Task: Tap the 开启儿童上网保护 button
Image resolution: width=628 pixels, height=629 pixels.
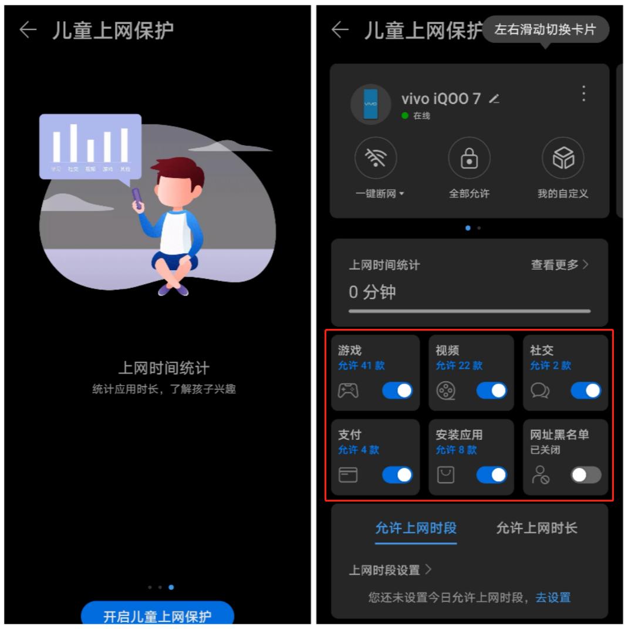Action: click(x=157, y=615)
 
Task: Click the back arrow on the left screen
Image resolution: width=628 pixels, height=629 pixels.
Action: click(x=28, y=31)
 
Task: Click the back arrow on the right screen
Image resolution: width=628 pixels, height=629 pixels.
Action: click(x=340, y=31)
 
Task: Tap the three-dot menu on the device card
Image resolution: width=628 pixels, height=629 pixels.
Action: click(x=583, y=93)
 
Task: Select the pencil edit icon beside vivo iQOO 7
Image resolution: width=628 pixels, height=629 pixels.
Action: click(x=494, y=99)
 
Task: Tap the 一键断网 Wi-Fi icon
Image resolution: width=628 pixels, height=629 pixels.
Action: click(x=376, y=159)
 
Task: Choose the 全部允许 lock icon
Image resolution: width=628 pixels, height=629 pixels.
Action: click(x=469, y=159)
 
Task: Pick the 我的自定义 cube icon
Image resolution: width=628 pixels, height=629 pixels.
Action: click(x=562, y=159)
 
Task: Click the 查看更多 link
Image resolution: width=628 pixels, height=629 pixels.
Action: click(x=559, y=265)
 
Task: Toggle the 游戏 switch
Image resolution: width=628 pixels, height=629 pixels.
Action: click(x=397, y=391)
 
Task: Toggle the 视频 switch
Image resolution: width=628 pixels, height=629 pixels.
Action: click(x=492, y=391)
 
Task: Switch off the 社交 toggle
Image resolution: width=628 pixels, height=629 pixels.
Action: click(x=586, y=391)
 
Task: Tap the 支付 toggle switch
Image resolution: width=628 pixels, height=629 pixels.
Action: click(x=397, y=475)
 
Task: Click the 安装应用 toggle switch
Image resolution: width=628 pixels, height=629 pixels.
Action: click(x=492, y=475)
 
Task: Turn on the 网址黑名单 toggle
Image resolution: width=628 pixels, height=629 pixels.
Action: click(x=586, y=475)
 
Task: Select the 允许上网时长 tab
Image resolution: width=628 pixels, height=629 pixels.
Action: click(x=536, y=528)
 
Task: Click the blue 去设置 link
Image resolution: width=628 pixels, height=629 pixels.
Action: click(x=553, y=598)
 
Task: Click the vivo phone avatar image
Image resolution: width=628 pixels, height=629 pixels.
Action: click(x=370, y=105)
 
